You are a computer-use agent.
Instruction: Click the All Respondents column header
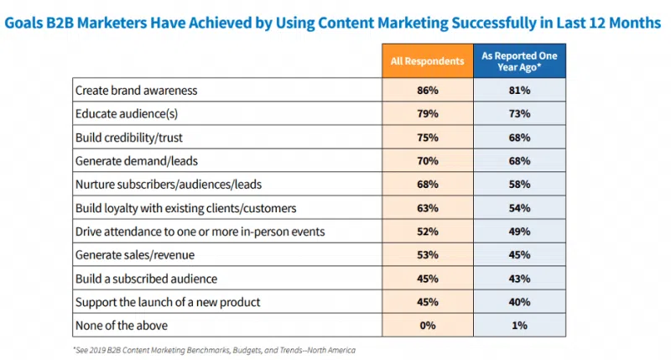tap(428, 61)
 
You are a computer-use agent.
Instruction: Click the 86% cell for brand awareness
tap(428, 90)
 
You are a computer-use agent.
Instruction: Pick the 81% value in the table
tap(518, 90)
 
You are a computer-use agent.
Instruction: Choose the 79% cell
tap(428, 112)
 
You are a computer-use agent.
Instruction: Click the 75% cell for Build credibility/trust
tap(428, 135)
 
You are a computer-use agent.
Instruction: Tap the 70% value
tap(428, 159)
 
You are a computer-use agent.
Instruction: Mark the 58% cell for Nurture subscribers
tap(518, 182)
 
